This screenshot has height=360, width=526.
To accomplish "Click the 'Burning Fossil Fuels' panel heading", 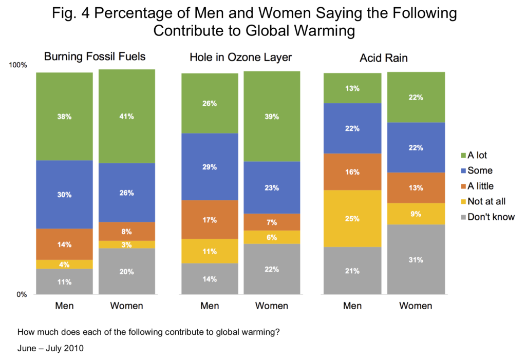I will click(x=95, y=56).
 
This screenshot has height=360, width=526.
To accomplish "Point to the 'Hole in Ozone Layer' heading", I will click(x=240, y=57).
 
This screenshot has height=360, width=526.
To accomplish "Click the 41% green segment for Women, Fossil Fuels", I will click(x=126, y=116).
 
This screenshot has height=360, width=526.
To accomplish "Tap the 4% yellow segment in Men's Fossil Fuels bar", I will click(x=64, y=264).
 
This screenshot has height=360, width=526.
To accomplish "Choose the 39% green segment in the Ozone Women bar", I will click(x=272, y=116).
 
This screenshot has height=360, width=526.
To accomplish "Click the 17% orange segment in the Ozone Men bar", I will click(x=210, y=219).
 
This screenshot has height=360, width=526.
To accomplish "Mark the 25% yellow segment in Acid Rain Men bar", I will click(x=352, y=218).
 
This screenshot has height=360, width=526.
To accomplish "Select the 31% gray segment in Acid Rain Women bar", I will click(x=416, y=259).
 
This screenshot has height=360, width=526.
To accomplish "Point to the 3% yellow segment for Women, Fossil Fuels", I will click(x=126, y=244).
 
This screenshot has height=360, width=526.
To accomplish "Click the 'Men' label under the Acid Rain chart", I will click(x=352, y=306).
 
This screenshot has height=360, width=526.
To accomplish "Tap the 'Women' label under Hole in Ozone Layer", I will click(x=272, y=306).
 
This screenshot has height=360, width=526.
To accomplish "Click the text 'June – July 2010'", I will click(x=50, y=348).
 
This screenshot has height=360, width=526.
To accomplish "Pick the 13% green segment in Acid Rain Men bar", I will click(x=352, y=88).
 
